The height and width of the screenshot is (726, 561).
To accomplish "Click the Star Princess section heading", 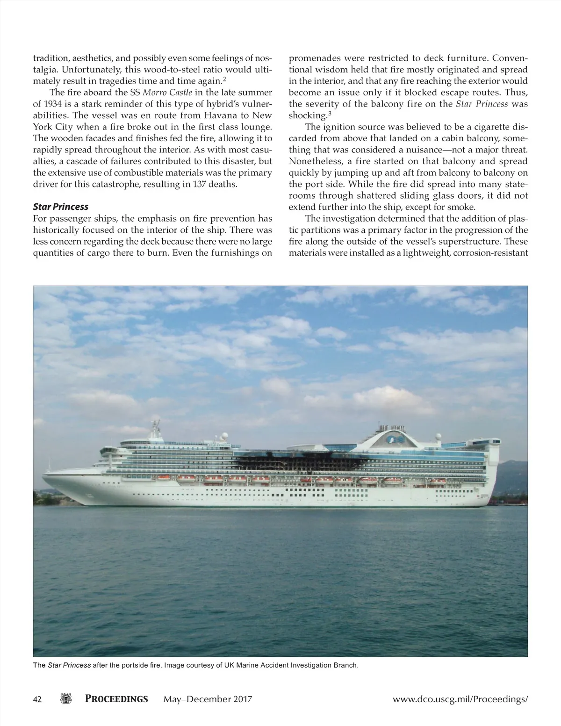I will point(61,207).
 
